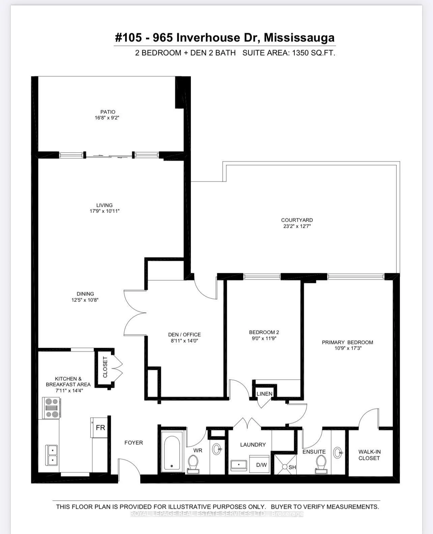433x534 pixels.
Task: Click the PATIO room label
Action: pyautogui.click(x=108, y=112)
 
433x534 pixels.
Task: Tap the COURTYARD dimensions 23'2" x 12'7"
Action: pyautogui.click(x=297, y=226)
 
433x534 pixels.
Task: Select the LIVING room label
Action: pyautogui.click(x=104, y=205)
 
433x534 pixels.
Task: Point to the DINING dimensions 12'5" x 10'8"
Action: pyautogui.click(x=85, y=300)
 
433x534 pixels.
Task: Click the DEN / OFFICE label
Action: pyautogui.click(x=184, y=335)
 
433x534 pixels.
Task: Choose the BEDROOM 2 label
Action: pyautogui.click(x=264, y=332)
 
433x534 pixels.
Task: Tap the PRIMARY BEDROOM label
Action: pyautogui.click(x=347, y=342)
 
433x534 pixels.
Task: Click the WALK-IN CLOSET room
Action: pyautogui.click(x=369, y=455)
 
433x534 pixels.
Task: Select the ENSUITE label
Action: pyautogui.click(x=314, y=452)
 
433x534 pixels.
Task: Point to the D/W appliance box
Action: pyautogui.click(x=261, y=465)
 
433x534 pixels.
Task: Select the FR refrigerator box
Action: pyautogui.click(x=100, y=428)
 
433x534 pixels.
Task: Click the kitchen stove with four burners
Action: pyautogui.click(x=52, y=408)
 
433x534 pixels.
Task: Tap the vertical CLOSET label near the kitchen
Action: pyautogui.click(x=105, y=367)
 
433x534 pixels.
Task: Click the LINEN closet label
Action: pyautogui.click(x=264, y=394)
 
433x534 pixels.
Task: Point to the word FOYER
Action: pyautogui.click(x=134, y=443)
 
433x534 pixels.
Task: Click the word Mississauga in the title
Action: pyautogui.click(x=299, y=38)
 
